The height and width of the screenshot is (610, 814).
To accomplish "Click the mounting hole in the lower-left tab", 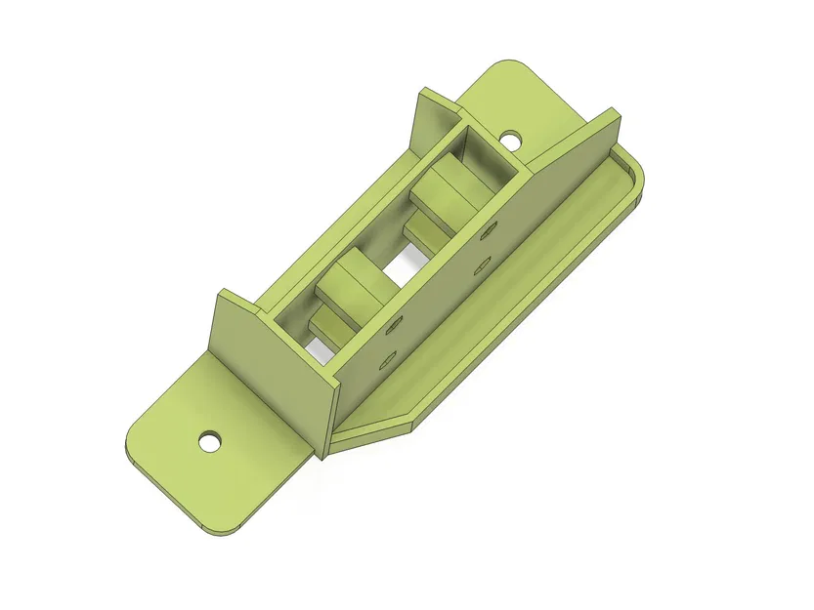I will click(209, 441).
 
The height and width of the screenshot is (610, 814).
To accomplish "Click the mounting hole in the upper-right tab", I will click(511, 140).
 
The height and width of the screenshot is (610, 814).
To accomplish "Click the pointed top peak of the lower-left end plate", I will click(224, 292).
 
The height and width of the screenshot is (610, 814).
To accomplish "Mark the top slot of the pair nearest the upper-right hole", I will click(487, 233).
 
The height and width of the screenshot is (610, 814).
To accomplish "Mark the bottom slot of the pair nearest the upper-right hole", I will click(480, 264).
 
